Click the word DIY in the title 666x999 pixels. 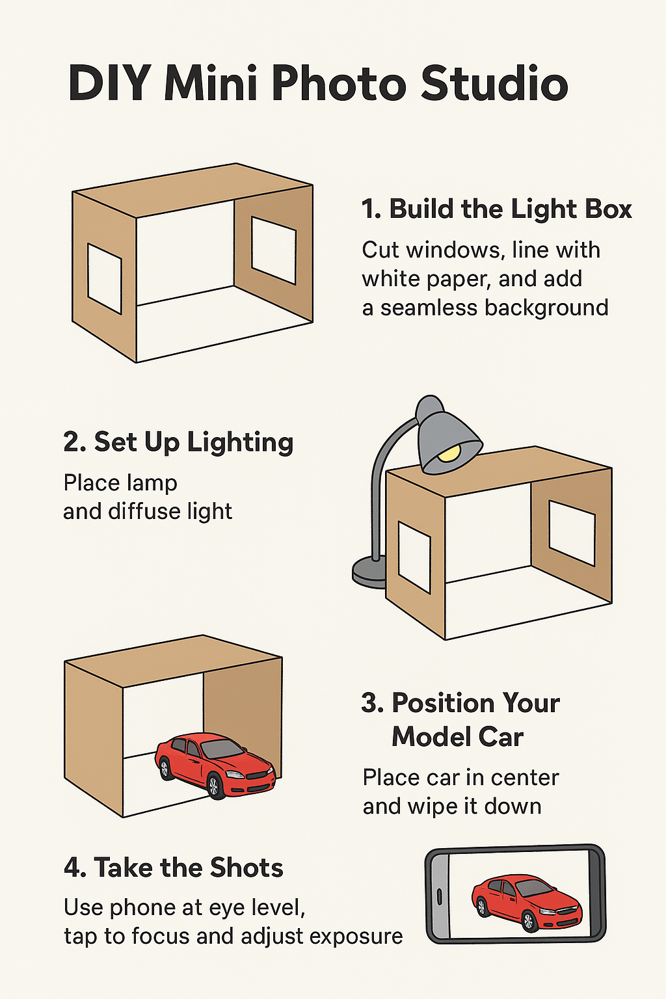[109, 83]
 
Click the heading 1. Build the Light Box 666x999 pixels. [496, 209]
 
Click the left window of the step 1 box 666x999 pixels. [105, 279]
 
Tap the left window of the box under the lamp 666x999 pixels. [414, 557]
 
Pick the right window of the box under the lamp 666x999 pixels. [572, 533]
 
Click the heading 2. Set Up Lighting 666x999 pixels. [178, 442]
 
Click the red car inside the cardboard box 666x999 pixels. [215, 765]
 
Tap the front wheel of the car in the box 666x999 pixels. [213, 785]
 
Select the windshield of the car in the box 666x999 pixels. [222, 749]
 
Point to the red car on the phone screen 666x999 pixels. [526, 901]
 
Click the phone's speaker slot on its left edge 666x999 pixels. [439, 896]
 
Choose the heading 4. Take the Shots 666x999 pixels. [174, 868]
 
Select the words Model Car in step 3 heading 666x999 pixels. [457, 737]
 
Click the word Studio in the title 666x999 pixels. [494, 83]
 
